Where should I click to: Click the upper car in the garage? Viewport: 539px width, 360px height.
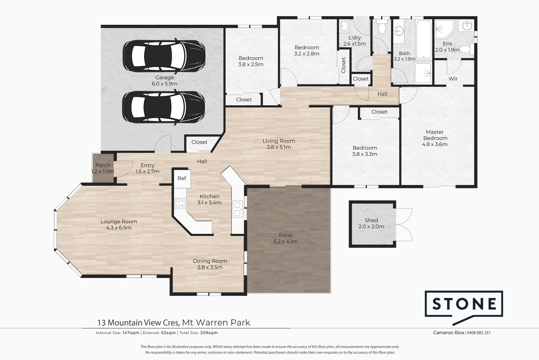pyautogui.click(x=164, y=56)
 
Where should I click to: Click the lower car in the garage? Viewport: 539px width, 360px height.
pyautogui.click(x=164, y=107)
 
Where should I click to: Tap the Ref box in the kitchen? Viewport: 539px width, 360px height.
pyautogui.click(x=182, y=179)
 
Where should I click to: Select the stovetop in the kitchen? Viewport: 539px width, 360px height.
pyautogui.click(x=180, y=203)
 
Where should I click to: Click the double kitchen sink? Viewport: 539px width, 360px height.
pyautogui.click(x=238, y=209)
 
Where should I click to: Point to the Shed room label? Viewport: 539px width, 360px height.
pyautogui.click(x=371, y=220)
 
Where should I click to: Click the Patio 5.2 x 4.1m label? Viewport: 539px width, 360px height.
pyautogui.click(x=285, y=238)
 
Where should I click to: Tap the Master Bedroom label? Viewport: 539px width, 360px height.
pyautogui.click(x=435, y=138)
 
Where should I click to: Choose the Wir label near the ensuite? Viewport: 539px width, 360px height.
pyautogui.click(x=453, y=79)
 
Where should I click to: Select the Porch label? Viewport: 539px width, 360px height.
pyautogui.click(x=103, y=165)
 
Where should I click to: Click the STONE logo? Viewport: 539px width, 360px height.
pyautogui.click(x=464, y=304)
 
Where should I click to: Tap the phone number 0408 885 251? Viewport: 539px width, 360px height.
pyautogui.click(x=479, y=333)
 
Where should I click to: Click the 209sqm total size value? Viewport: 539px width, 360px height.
pyautogui.click(x=209, y=333)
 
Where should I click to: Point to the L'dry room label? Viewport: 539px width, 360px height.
pyautogui.click(x=354, y=38)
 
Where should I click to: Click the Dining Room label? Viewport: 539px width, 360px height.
pyautogui.click(x=210, y=261)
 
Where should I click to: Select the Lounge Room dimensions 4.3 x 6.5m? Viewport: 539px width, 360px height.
pyautogui.click(x=119, y=228)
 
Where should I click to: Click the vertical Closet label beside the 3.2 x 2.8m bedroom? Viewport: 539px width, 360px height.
pyautogui.click(x=343, y=65)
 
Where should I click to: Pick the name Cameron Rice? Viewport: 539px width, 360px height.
pyautogui.click(x=448, y=333)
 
